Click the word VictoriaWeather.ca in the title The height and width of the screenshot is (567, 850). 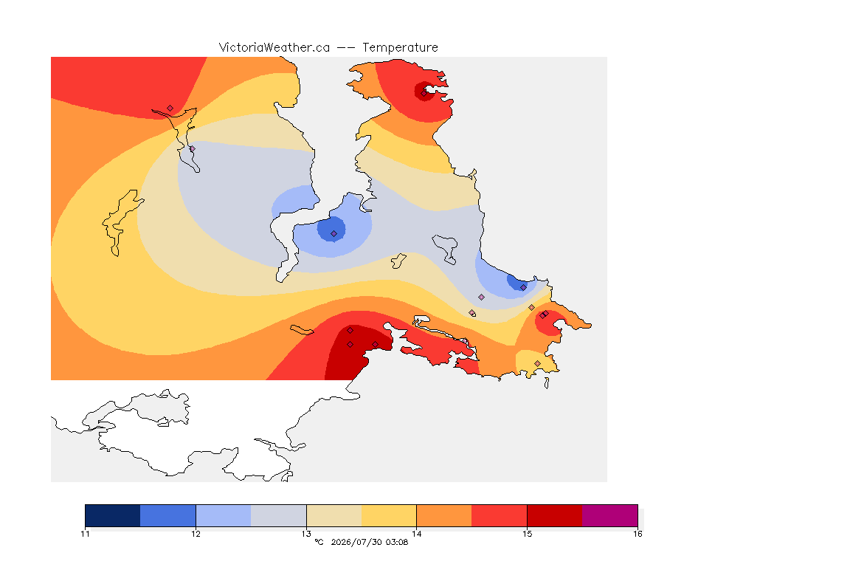click(x=274, y=48)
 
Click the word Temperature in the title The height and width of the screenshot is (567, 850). click(x=400, y=48)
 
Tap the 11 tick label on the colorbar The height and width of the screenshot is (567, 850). click(x=85, y=534)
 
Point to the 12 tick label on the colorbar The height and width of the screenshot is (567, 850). click(x=196, y=534)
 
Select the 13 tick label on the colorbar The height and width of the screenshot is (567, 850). click(x=306, y=534)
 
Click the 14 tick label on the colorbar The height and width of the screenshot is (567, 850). click(x=416, y=534)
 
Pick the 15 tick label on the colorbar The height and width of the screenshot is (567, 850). click(x=527, y=534)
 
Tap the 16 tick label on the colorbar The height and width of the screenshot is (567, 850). click(x=637, y=534)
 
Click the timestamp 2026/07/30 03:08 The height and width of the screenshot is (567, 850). click(x=369, y=542)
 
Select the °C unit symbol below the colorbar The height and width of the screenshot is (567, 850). click(x=319, y=542)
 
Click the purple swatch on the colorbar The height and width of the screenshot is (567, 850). click(x=610, y=515)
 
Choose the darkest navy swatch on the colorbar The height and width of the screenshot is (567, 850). click(x=113, y=515)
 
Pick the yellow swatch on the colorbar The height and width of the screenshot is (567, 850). click(x=389, y=515)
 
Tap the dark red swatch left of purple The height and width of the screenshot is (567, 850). click(x=555, y=515)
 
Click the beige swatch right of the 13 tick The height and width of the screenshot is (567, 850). click(x=334, y=515)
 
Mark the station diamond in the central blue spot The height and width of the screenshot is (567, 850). click(x=334, y=234)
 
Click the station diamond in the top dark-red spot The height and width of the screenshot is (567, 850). click(x=424, y=93)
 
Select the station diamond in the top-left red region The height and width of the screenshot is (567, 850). click(x=170, y=109)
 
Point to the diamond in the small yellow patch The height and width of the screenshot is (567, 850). click(x=537, y=363)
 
